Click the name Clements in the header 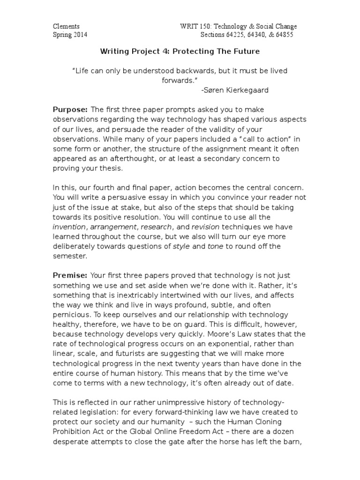(66, 27)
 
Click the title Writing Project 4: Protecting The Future (180, 51)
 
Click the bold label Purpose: (70, 109)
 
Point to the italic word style (182, 247)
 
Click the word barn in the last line (297, 441)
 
